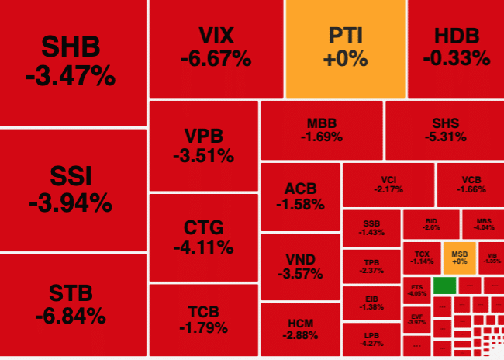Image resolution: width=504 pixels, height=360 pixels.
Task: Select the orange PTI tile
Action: point(345,48)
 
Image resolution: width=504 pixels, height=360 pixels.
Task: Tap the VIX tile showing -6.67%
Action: point(216,48)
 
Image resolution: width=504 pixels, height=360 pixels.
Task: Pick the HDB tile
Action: point(456,48)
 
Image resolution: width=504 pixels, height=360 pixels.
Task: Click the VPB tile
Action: point(203,146)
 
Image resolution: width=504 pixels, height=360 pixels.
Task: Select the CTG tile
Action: point(203,237)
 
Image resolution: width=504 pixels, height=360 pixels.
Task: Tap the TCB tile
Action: point(203,320)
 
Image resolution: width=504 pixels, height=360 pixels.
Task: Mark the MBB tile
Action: point(321,130)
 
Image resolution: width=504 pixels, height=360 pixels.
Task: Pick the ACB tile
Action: point(299,196)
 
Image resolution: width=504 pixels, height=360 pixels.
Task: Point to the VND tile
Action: point(299,266)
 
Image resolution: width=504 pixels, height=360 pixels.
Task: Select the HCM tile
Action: point(299,329)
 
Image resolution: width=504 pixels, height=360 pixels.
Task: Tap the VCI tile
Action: point(388,184)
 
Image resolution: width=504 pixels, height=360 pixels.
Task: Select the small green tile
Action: point(444,285)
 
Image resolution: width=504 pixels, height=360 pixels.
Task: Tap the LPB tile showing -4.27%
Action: point(371,339)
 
